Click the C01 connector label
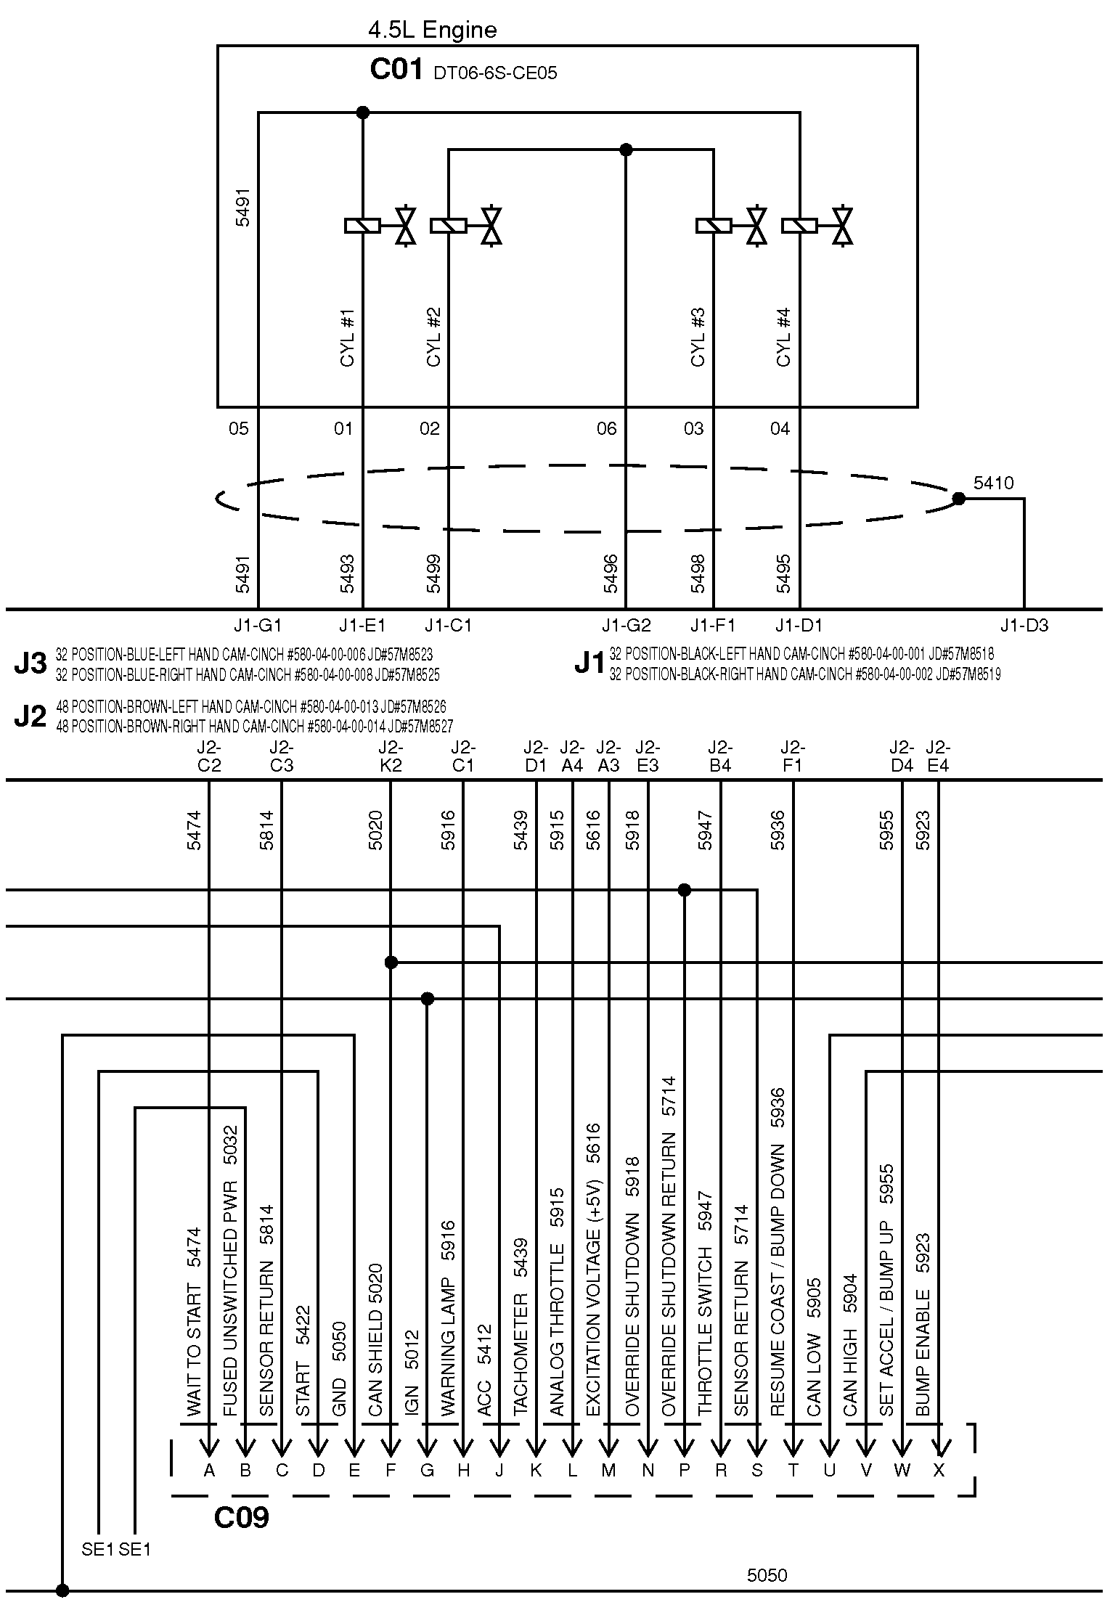click(396, 70)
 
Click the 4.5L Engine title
click(433, 30)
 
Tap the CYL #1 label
click(347, 338)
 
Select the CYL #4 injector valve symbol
click(842, 226)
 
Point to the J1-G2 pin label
click(626, 625)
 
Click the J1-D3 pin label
click(1024, 625)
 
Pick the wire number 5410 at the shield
click(993, 483)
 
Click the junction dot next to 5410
click(958, 499)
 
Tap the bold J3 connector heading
click(30, 664)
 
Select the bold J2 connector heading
click(30, 716)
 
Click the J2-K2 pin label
click(391, 756)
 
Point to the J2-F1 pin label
click(793, 756)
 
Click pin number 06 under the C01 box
click(606, 429)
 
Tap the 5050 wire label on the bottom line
click(767, 1575)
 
